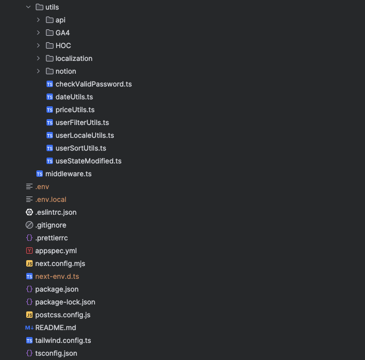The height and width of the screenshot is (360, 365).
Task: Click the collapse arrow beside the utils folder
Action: pyautogui.click(x=28, y=7)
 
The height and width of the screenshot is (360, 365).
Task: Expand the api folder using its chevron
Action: pyautogui.click(x=38, y=20)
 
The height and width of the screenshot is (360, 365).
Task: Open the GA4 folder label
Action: pyautogui.click(x=63, y=33)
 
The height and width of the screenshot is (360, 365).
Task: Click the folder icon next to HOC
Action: pyautogui.click(x=50, y=45)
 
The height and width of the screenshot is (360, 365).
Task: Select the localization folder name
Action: pyautogui.click(x=74, y=58)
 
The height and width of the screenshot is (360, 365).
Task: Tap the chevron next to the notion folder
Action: pyautogui.click(x=38, y=71)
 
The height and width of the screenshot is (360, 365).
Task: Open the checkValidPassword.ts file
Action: pyautogui.click(x=94, y=84)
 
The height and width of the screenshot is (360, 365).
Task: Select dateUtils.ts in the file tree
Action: pyautogui.click(x=74, y=97)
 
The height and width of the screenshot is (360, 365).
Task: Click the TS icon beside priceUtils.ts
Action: pyautogui.click(x=50, y=109)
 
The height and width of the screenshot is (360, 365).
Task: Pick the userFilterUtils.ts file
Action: pyautogui.click(x=82, y=122)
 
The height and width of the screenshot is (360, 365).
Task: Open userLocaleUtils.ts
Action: pyautogui.click(x=84, y=135)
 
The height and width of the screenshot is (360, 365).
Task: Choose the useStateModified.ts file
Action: pyautogui.click(x=88, y=161)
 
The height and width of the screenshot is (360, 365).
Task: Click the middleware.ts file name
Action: pyautogui.click(x=68, y=174)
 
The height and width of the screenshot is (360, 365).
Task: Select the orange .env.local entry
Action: pyautogui.click(x=51, y=199)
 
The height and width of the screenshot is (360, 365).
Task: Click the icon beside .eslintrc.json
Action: pyautogui.click(x=29, y=212)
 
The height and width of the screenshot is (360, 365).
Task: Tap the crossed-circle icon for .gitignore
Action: pyautogui.click(x=29, y=225)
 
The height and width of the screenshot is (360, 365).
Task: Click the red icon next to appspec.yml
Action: pyautogui.click(x=29, y=251)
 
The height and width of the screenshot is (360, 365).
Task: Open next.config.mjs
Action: pyautogui.click(x=60, y=263)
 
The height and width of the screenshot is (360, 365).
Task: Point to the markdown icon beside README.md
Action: pyautogui.click(x=29, y=327)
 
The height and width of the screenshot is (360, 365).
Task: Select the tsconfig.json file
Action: pyautogui.click(x=56, y=353)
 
